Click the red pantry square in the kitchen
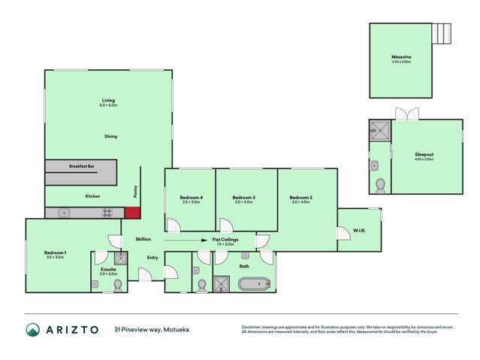[133, 213]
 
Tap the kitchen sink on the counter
[64, 213]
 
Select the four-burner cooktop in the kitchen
[108, 213]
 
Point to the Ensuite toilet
[117, 285]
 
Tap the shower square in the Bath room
[222, 284]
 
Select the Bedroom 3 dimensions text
[244, 202]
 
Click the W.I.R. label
[358, 230]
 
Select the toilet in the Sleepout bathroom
[380, 183]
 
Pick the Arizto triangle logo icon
[32, 329]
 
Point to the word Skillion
[143, 239]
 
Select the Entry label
[152, 258]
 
